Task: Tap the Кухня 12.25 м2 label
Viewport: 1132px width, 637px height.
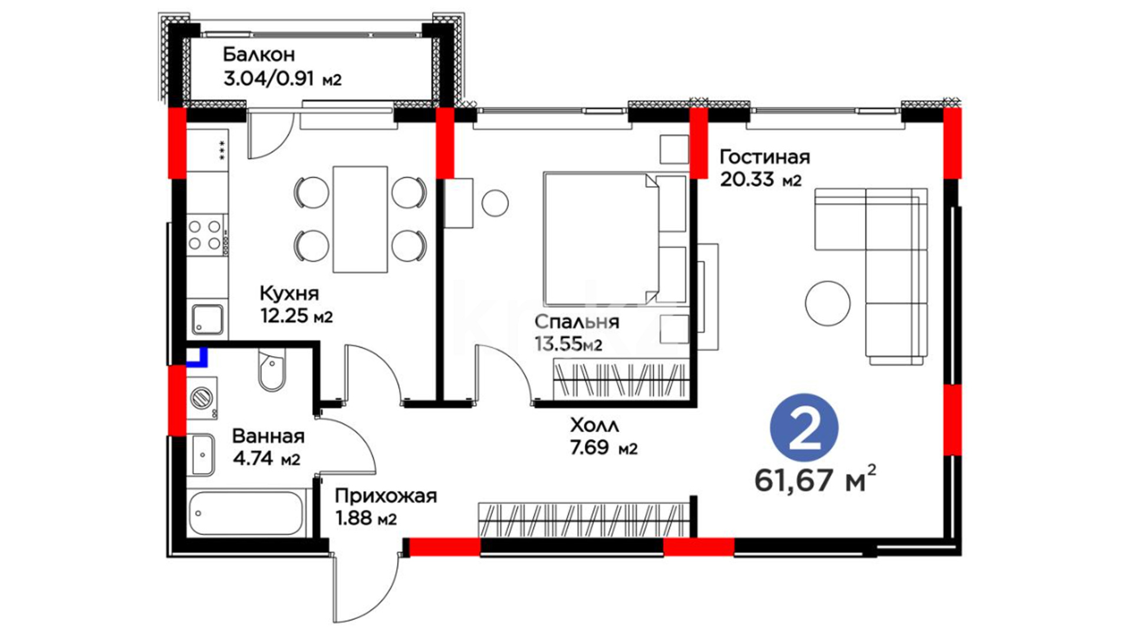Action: [296, 304]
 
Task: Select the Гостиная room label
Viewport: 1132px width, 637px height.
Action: [765, 168]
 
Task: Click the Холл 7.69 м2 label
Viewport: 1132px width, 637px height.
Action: [604, 436]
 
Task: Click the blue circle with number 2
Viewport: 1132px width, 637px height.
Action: [804, 428]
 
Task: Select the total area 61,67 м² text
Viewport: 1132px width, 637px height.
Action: [815, 479]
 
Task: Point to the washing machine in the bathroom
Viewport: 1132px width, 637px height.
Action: [202, 398]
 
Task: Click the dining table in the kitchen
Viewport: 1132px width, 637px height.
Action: [360, 219]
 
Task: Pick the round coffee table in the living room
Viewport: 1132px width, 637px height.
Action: [828, 303]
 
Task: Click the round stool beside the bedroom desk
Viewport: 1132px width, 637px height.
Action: [495, 203]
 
